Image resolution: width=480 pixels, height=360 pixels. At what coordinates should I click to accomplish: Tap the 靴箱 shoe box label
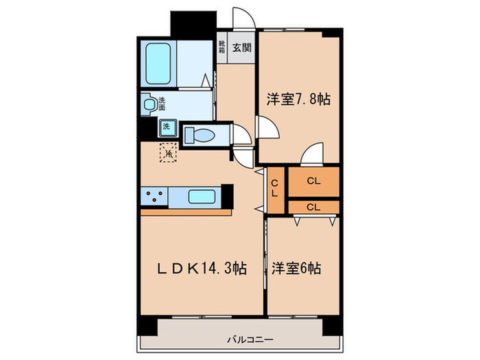[x=222, y=47]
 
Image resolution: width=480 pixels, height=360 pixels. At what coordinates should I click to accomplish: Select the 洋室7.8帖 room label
[x=298, y=99]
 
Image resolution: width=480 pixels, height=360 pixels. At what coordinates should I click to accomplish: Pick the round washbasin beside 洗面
[x=150, y=104]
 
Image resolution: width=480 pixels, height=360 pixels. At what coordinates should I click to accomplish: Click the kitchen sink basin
[x=202, y=197]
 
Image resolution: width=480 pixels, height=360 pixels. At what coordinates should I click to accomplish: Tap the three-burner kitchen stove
[x=154, y=197]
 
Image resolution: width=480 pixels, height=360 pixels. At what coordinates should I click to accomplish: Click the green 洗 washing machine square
[x=167, y=127]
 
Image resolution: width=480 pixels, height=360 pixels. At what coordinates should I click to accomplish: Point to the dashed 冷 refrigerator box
[x=168, y=152]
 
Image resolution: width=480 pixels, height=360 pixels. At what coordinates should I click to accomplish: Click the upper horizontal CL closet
[x=313, y=182]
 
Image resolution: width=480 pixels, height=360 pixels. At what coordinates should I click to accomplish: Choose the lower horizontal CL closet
[x=313, y=206]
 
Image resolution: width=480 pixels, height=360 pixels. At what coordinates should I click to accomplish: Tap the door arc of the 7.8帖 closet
[x=313, y=154]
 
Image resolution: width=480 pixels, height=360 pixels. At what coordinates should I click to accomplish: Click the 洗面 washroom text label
[x=163, y=104]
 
